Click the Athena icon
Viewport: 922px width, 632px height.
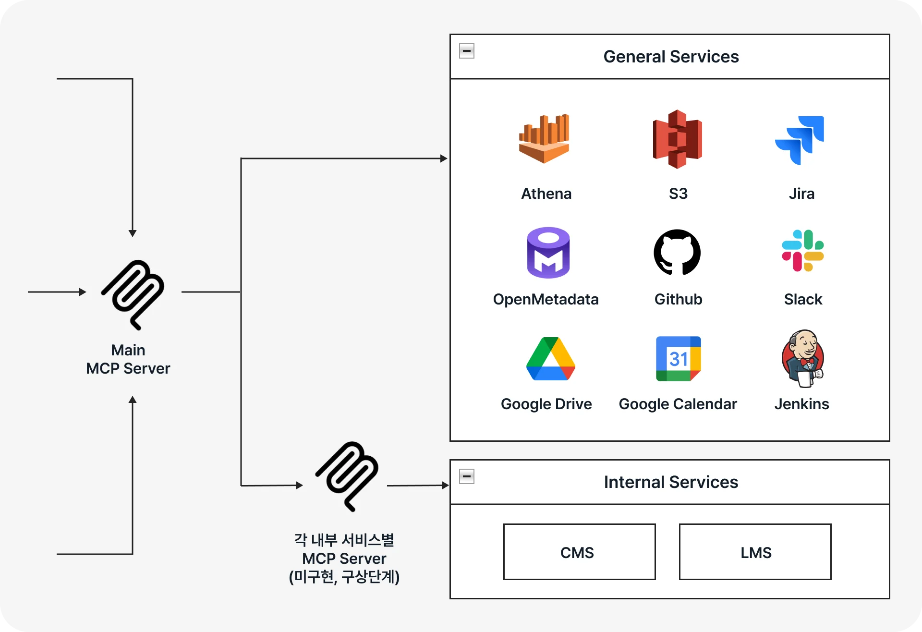coord(544,139)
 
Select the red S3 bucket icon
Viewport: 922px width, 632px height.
coord(678,139)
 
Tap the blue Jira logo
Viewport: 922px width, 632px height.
coord(800,140)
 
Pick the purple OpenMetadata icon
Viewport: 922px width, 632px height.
coord(548,253)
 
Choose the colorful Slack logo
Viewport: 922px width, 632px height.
coord(803,251)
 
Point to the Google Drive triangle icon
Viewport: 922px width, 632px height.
coord(551,359)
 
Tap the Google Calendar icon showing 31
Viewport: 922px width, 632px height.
coord(679,359)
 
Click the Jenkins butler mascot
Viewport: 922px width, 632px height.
coord(803,358)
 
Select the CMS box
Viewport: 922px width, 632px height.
coord(579,552)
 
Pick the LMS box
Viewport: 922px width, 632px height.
coord(755,552)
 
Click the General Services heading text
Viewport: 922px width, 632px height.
coord(671,57)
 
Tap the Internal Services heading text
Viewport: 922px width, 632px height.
coord(671,482)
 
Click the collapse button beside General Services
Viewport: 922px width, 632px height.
coord(467,51)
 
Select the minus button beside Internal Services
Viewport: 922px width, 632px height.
coord(467,476)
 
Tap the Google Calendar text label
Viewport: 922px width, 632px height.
coord(678,404)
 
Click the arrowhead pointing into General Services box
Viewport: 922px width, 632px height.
coord(444,158)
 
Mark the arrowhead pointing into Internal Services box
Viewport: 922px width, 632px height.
coord(445,486)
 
